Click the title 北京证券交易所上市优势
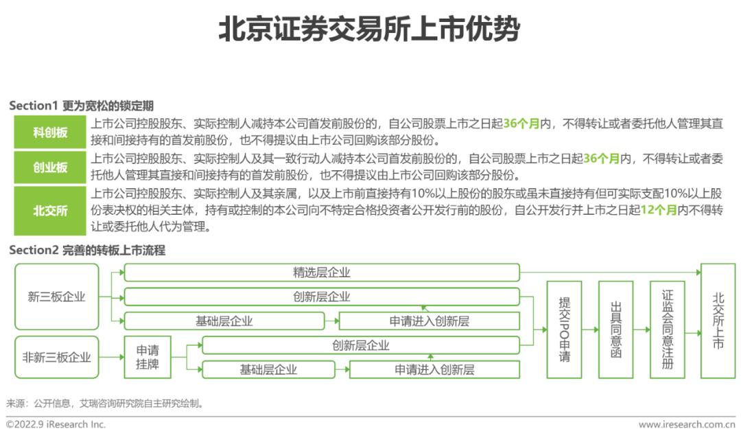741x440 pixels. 370,30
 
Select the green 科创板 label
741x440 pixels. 51,132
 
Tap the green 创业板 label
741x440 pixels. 51,167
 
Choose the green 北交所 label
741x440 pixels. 51,211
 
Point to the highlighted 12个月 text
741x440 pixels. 657,212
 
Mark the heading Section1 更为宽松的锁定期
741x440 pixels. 81,106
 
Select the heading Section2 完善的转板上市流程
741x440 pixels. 87,251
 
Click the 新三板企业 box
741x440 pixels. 57,297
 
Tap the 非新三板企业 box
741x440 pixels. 57,357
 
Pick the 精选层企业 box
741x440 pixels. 322,273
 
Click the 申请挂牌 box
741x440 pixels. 148,357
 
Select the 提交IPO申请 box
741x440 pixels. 564,329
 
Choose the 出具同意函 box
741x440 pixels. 615,329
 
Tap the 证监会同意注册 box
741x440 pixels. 667,329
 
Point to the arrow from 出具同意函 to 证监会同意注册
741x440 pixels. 642,330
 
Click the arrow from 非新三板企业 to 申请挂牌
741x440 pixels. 112,357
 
